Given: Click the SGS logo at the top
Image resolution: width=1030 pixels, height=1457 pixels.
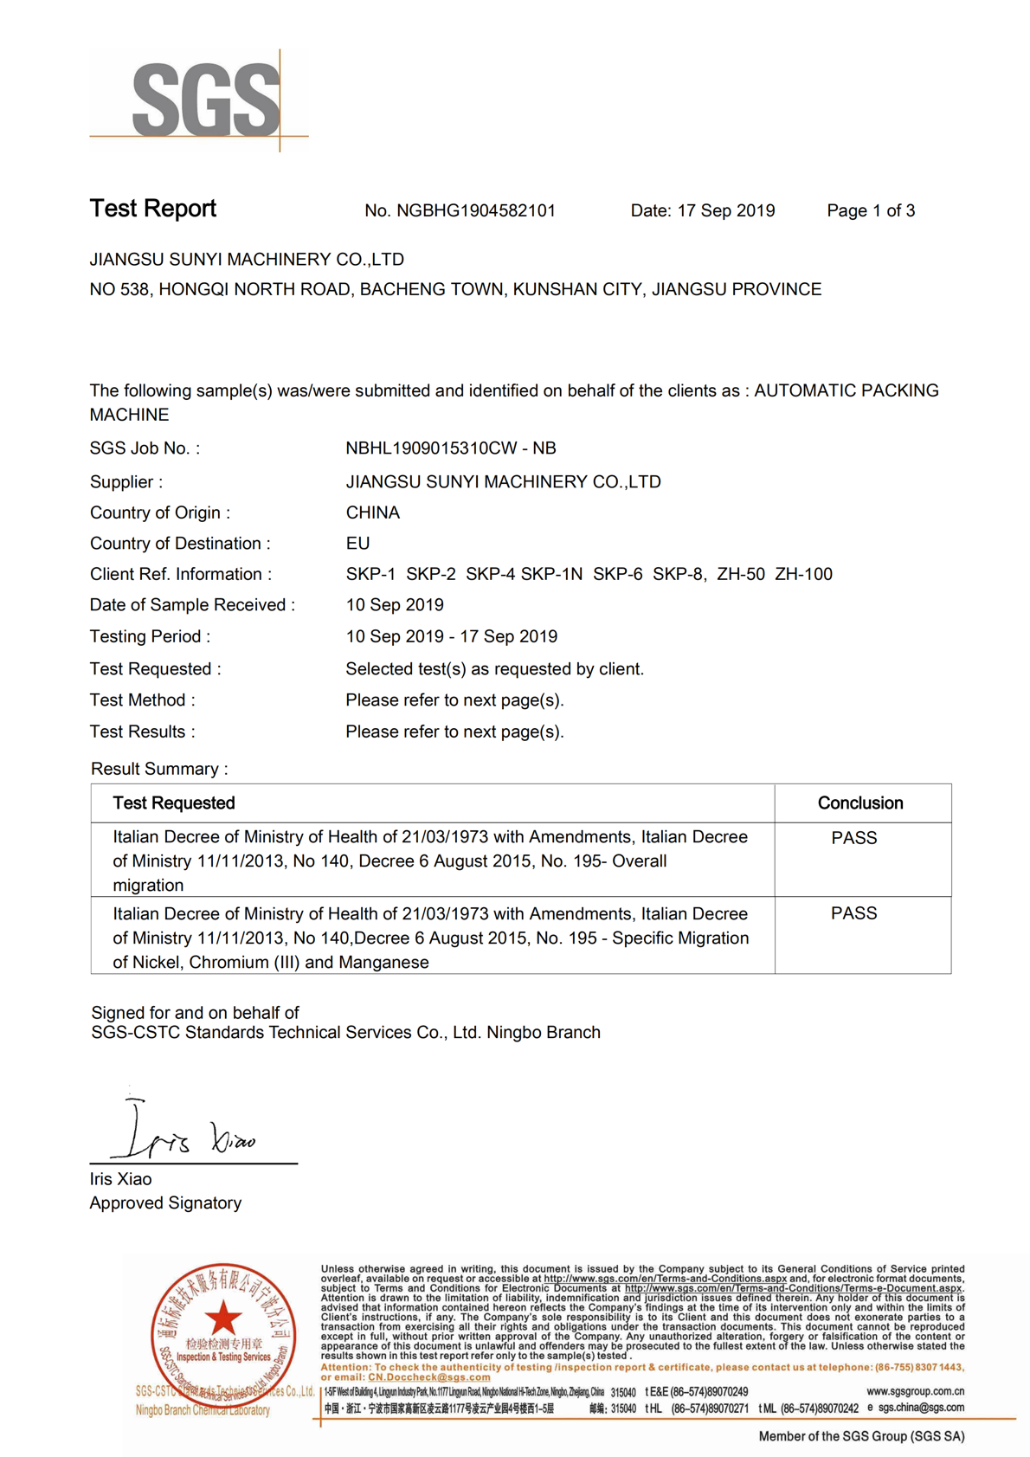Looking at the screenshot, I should click(x=205, y=100).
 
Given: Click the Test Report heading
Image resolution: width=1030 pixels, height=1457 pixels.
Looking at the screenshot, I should click(x=152, y=209).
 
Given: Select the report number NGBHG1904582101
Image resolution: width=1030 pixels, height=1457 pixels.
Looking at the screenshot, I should click(x=475, y=210).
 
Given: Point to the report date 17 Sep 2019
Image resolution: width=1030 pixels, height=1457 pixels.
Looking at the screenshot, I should click(x=725, y=210).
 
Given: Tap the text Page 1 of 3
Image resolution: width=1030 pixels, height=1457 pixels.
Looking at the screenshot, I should click(x=870, y=210).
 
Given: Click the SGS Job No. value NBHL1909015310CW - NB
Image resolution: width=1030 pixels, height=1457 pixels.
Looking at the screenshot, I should click(x=450, y=448).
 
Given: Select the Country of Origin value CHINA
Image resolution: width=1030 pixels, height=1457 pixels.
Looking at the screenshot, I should click(x=372, y=513).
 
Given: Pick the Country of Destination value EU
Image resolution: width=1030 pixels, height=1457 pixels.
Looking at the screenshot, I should click(x=357, y=544).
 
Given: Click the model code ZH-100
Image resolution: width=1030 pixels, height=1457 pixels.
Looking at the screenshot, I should click(x=803, y=574).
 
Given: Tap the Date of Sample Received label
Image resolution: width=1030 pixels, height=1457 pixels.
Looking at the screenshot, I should click(x=192, y=605).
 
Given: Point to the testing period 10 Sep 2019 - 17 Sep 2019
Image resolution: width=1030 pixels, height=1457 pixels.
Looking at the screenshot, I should click(x=451, y=636).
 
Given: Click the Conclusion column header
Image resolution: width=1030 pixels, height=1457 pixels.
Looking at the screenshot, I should click(x=859, y=803).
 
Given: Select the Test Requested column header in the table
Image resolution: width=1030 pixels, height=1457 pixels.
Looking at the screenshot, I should click(x=173, y=803).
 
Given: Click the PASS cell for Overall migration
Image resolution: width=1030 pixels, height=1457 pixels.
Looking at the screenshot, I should click(x=853, y=838).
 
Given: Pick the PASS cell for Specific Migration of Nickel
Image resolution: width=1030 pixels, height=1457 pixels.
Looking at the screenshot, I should click(x=853, y=913).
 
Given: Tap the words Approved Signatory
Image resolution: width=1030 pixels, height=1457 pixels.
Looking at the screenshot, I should click(x=165, y=1202).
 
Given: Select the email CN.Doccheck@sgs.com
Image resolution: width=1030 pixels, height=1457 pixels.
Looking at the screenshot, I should click(x=428, y=1377).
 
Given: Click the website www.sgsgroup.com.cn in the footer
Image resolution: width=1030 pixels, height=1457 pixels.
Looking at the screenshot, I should click(x=915, y=1391).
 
